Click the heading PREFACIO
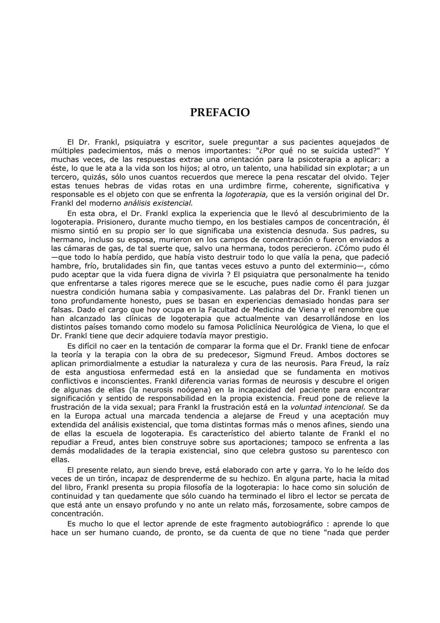pyautogui.click(x=220, y=113)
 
